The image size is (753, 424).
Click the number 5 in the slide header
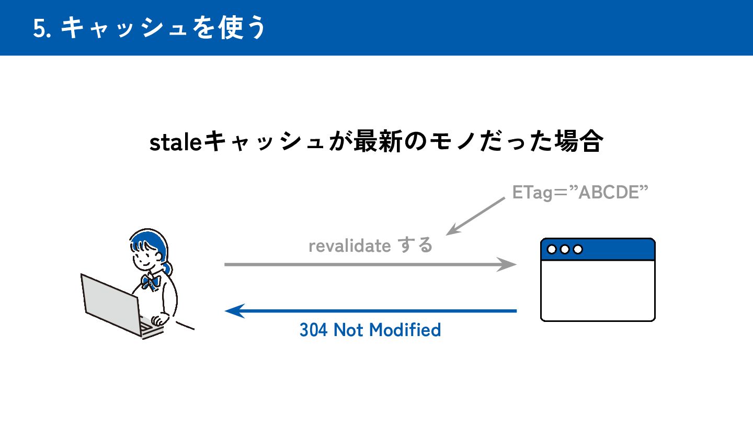click(x=38, y=29)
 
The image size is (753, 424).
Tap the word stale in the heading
click(x=175, y=142)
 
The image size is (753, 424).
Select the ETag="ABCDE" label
click(x=580, y=192)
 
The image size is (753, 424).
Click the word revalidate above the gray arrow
click(x=349, y=246)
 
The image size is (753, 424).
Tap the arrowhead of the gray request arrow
click(x=507, y=264)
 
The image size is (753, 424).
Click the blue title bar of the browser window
click(x=612, y=249)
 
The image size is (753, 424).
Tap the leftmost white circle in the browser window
click(x=552, y=249)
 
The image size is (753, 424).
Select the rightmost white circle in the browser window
click(x=577, y=249)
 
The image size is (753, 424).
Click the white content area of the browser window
click(x=597, y=290)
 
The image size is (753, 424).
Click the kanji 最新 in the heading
click(x=376, y=142)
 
